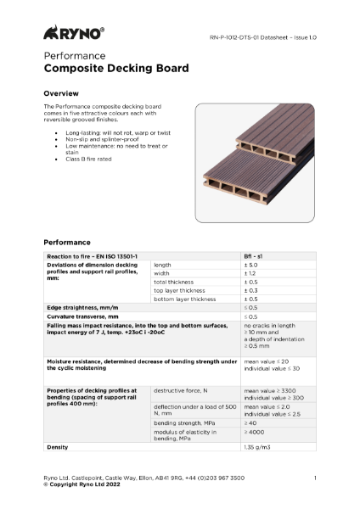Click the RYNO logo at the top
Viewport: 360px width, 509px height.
pos(74,33)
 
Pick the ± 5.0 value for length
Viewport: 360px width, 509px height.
pos(251,266)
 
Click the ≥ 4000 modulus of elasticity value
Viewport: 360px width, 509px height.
pos(254,432)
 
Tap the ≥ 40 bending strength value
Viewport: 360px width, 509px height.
pos(250,422)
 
